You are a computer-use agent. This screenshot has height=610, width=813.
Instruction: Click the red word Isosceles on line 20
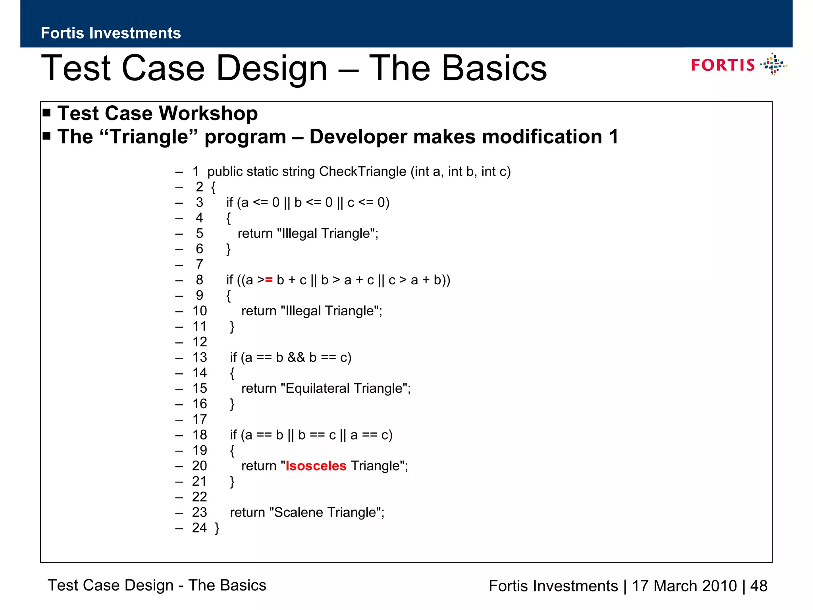(x=316, y=466)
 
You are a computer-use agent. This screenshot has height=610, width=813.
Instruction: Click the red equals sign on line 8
(x=269, y=280)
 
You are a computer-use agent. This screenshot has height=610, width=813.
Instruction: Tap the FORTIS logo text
(x=722, y=65)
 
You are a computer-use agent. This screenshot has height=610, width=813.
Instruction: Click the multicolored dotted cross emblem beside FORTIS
(x=773, y=64)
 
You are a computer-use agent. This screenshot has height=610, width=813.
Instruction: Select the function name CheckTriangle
(x=362, y=172)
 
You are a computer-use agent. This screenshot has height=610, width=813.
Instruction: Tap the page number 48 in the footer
(x=759, y=586)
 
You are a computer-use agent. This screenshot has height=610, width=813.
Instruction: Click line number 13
(x=200, y=357)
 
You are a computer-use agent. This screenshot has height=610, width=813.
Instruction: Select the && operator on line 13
(x=296, y=357)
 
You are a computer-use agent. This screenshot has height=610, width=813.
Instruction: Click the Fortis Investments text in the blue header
(x=111, y=33)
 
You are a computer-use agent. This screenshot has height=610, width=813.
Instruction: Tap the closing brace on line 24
(x=217, y=528)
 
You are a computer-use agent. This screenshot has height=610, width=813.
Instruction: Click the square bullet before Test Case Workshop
(x=47, y=113)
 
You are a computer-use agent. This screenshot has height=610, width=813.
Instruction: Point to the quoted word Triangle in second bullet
(x=149, y=137)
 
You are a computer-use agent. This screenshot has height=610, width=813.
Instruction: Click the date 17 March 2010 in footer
(x=684, y=586)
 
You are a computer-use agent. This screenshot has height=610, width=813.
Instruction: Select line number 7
(x=199, y=264)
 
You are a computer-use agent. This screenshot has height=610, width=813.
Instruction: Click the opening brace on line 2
(x=213, y=187)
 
